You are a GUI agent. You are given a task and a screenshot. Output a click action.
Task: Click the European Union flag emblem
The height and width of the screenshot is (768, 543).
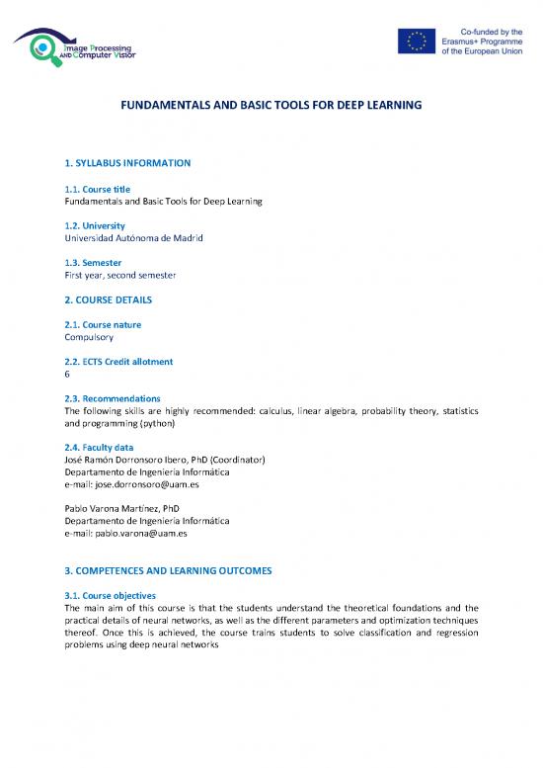click(416, 41)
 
